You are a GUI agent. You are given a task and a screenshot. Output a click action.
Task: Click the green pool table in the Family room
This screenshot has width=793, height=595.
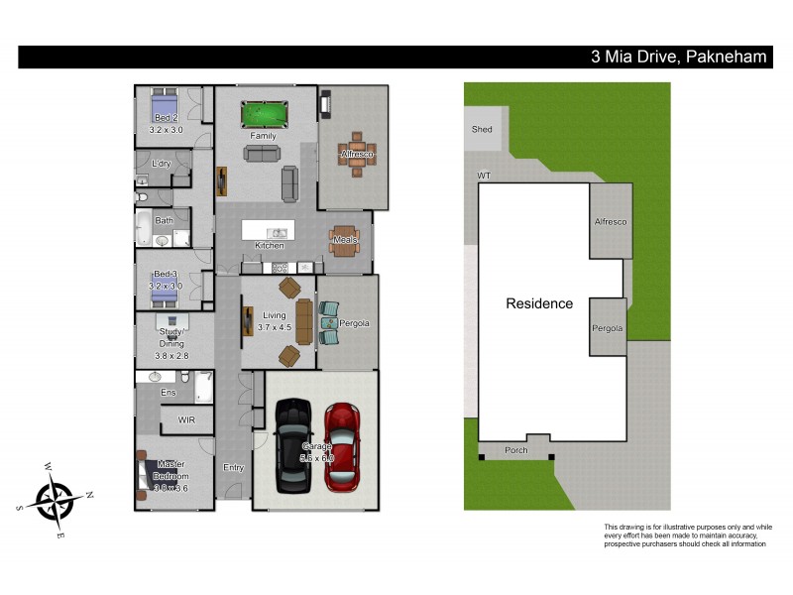click(x=264, y=114)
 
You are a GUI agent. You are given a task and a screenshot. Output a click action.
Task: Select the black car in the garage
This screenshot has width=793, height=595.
click(x=293, y=445)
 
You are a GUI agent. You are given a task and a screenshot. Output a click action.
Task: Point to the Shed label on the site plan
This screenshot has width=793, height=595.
click(x=482, y=129)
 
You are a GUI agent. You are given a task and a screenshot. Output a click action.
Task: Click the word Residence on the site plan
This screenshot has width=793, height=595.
click(x=539, y=303)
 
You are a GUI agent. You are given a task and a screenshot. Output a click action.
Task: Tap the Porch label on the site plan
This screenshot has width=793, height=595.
click(x=515, y=450)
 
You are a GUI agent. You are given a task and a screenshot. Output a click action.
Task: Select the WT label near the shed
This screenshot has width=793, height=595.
click(x=485, y=176)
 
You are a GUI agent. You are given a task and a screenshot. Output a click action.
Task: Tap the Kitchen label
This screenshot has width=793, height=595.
click(x=270, y=245)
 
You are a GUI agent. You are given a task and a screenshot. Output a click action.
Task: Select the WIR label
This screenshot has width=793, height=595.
click(x=187, y=420)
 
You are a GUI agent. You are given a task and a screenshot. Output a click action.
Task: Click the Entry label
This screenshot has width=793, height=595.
click(x=233, y=467)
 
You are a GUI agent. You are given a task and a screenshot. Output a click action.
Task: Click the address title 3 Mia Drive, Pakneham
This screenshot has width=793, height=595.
click(x=678, y=58)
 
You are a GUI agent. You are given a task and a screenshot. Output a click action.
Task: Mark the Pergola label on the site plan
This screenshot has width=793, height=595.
click(x=609, y=326)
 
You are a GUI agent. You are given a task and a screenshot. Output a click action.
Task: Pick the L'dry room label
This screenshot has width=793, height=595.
click(x=162, y=164)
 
